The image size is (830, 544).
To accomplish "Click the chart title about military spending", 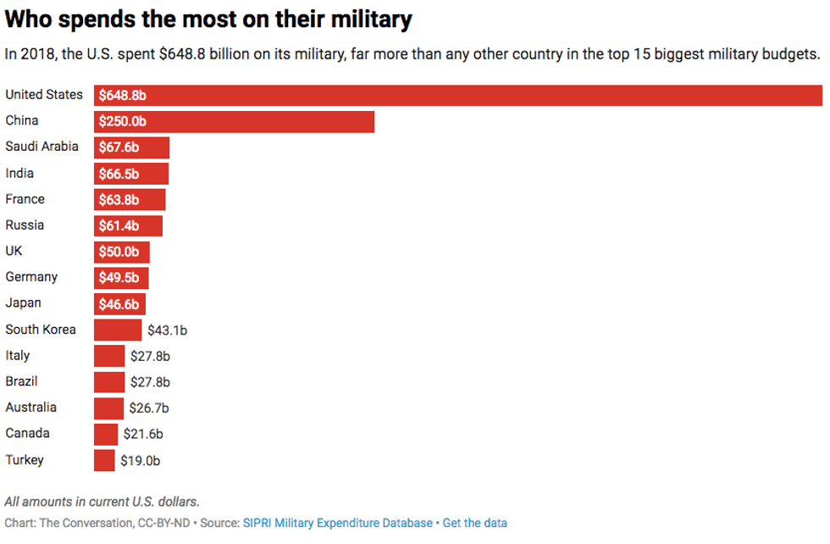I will point(209,19).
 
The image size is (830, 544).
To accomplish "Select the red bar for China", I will point(234,121).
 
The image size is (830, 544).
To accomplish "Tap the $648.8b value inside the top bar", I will point(121,96).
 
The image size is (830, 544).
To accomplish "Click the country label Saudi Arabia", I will point(41,147).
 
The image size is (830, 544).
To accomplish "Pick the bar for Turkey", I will point(104,460).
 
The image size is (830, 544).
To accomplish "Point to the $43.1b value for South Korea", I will point(166,330).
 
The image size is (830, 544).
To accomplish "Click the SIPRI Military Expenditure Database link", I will point(338,523).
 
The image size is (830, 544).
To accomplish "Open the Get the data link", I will point(475,523).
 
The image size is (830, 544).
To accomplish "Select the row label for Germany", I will point(31,277).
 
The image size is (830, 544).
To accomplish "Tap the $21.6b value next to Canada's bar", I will point(143,434).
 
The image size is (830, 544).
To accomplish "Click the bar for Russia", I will point(128,225).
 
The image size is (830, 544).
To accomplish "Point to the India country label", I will point(19,173).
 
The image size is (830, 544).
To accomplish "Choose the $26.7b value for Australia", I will point(149,408).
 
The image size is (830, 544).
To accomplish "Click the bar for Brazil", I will point(109,381).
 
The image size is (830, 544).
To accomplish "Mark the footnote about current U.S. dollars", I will point(102,502).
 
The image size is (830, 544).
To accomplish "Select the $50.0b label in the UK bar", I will point(119,252).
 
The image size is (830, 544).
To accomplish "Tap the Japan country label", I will point(23,303).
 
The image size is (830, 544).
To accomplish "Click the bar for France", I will point(130,199).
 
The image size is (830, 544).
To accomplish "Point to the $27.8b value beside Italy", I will point(150,356).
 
